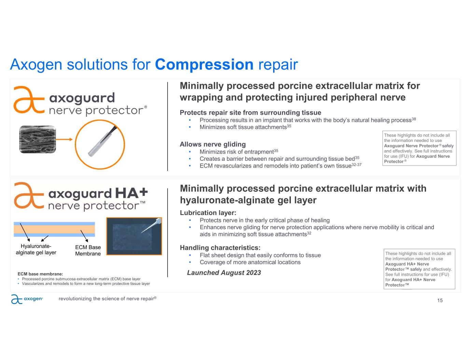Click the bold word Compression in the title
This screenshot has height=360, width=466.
204,65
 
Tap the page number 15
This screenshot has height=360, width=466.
440,300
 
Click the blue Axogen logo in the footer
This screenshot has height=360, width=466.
27,299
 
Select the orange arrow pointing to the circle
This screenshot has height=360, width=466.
64,139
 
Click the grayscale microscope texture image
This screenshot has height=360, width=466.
38,139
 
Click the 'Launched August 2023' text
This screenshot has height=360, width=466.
224,273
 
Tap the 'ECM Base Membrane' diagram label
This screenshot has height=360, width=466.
88,250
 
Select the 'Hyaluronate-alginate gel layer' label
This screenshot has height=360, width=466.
36,249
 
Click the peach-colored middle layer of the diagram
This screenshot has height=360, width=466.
54,229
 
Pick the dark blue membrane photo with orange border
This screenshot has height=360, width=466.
134,236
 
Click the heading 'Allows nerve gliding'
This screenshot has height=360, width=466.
213,144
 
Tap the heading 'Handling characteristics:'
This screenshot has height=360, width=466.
220,248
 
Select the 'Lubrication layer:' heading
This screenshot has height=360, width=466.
208,213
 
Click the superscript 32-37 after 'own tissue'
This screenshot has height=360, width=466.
356,164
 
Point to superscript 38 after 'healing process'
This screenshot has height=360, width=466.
414,119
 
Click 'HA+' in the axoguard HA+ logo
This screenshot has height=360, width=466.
131,193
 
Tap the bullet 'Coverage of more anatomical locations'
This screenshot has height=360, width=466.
250,262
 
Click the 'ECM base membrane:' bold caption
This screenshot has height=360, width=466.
40,274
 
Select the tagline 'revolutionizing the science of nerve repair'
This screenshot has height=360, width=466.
108,299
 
